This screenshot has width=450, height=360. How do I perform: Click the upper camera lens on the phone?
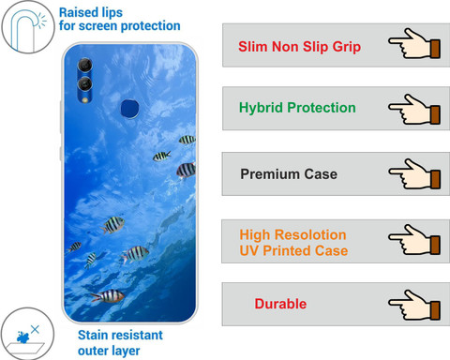[x=85, y=65]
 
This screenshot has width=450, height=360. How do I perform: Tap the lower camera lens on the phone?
[x=84, y=83]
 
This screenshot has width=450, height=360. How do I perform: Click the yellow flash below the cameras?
[x=85, y=100]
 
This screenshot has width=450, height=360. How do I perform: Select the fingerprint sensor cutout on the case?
[x=130, y=109]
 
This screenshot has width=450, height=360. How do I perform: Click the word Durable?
[x=280, y=304]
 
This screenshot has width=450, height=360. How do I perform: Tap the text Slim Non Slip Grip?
[x=299, y=47]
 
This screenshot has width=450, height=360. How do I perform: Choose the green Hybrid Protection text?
[x=297, y=108]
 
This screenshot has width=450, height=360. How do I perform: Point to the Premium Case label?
[x=289, y=174]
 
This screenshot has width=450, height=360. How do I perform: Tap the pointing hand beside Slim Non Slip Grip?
[x=414, y=44]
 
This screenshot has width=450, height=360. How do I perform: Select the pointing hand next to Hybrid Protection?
[x=414, y=110]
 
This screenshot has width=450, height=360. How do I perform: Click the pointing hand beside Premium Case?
[x=414, y=174]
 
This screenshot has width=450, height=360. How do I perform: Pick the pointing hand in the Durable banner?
[x=414, y=305]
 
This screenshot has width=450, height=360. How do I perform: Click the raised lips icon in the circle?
[x=28, y=27]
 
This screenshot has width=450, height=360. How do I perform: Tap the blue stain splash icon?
[x=23, y=337]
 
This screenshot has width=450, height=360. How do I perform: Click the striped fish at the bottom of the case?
[x=108, y=296]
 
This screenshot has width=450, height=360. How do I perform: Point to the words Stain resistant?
[x=120, y=335]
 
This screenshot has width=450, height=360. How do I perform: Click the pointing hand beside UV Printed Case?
[x=414, y=240]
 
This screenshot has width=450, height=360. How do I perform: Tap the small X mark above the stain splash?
[x=35, y=329]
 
